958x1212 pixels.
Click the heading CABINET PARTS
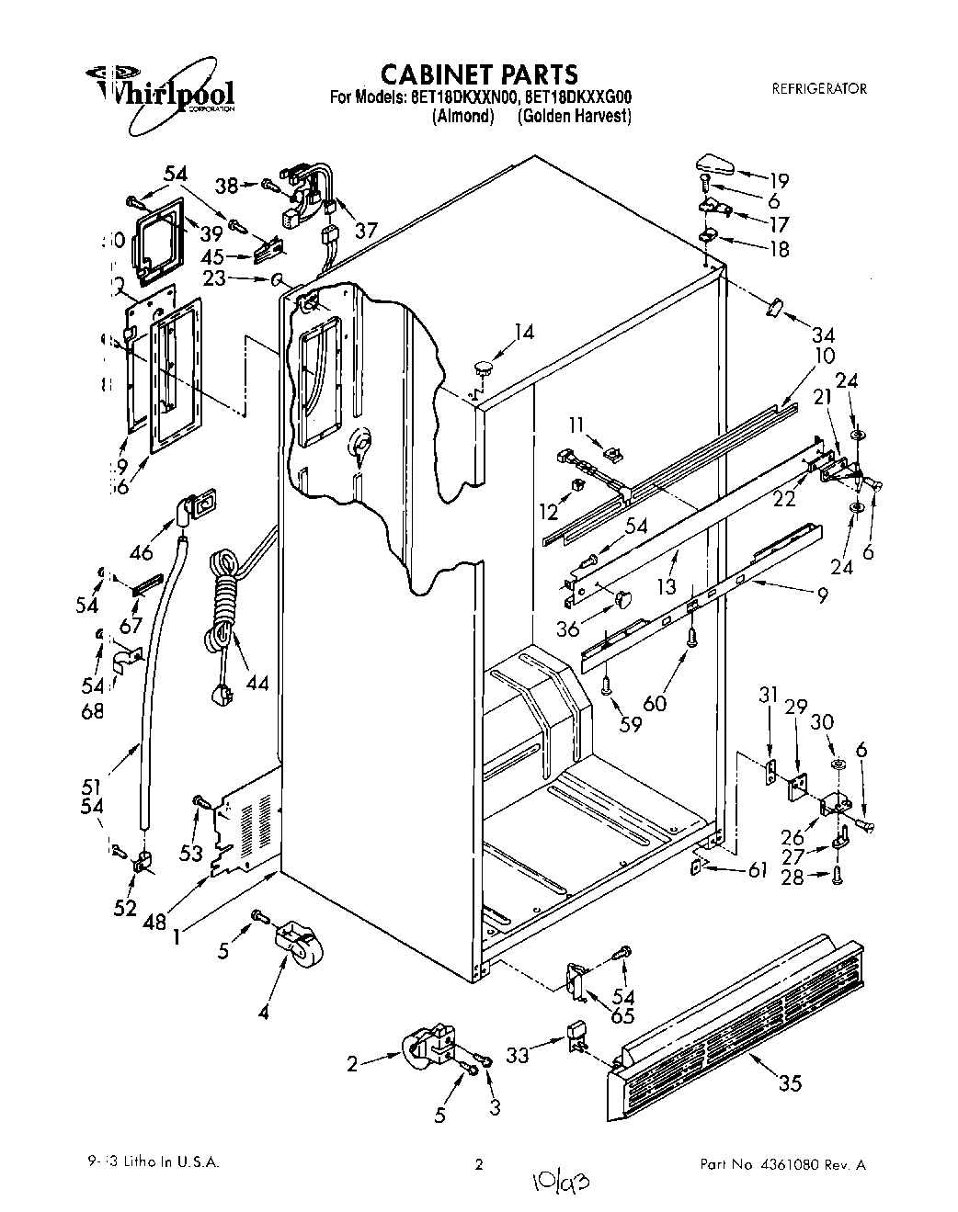pos(479,73)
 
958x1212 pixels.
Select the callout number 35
pos(791,1083)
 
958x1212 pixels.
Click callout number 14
pos(523,333)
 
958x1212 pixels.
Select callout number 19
pos(779,180)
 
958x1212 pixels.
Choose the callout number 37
pos(366,231)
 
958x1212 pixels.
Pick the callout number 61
pos(757,871)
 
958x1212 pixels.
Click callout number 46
pos(141,552)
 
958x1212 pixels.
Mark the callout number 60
pos(656,704)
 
